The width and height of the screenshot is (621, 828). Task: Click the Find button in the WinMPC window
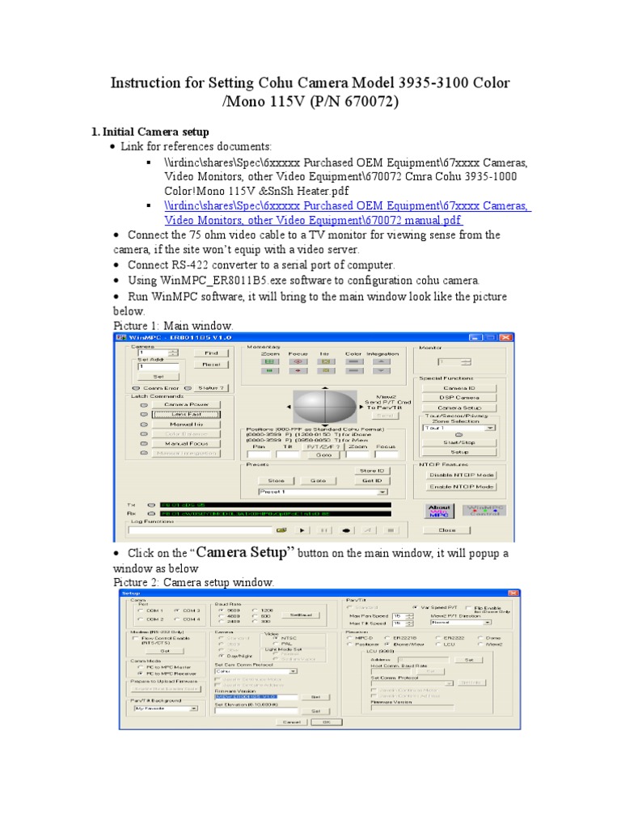pos(211,353)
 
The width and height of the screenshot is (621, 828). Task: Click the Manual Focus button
pos(187,443)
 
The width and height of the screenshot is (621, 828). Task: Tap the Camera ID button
pos(459,387)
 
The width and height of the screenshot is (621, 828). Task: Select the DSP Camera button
pos(459,398)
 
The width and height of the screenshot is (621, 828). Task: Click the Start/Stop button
pos(459,442)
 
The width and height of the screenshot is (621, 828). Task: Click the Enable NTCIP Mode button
pos(461,486)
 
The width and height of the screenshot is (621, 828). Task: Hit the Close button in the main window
pos(447,530)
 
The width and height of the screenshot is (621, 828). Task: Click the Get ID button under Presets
pos(372,480)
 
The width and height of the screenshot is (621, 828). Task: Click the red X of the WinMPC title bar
pos(506,337)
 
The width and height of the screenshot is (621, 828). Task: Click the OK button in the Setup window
pos(326,721)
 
